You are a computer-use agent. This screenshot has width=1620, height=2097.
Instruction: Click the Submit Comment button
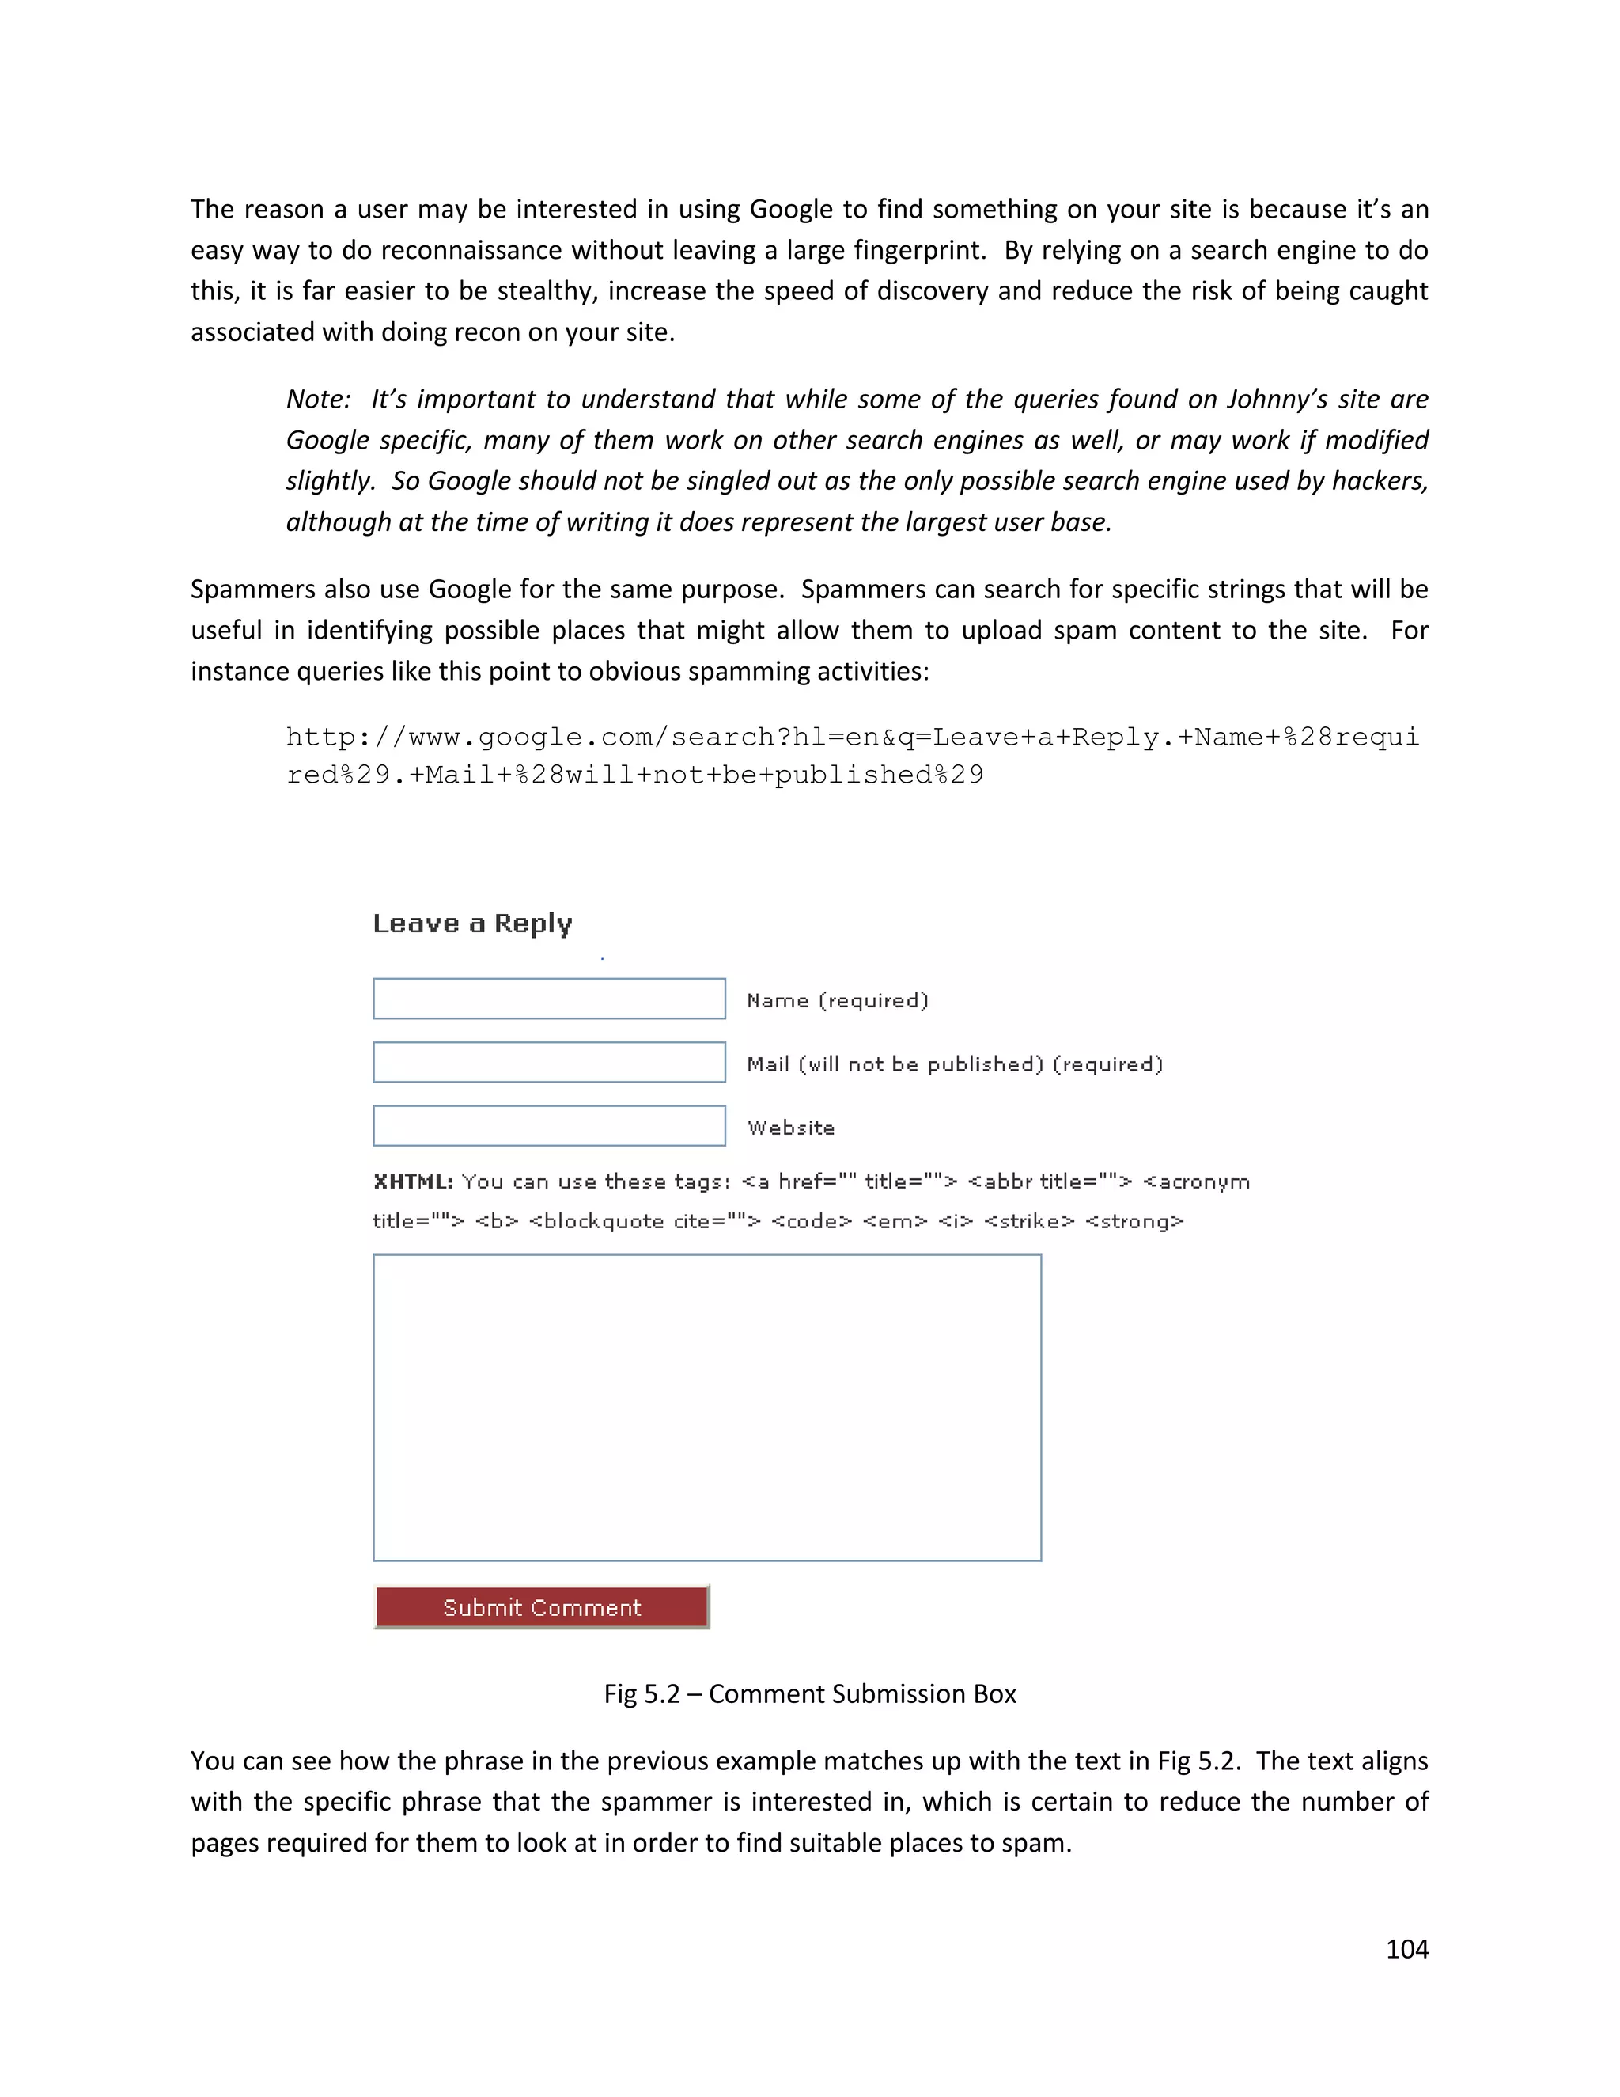541,1607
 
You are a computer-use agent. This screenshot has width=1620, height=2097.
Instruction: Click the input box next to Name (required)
549,999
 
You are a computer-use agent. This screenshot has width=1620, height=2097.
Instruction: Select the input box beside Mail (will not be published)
549,1062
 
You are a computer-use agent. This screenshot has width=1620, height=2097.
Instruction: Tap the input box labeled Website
549,1125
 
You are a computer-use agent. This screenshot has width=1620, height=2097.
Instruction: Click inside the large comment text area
706,1407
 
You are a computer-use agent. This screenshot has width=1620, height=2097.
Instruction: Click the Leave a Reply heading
472,923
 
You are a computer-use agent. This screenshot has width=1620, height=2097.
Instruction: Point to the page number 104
1407,1949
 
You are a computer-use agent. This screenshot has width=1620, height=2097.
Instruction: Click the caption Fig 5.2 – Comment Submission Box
809,1693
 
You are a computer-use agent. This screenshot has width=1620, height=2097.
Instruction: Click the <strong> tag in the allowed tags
1134,1221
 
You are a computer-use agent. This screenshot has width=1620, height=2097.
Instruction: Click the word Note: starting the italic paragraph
319,400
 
